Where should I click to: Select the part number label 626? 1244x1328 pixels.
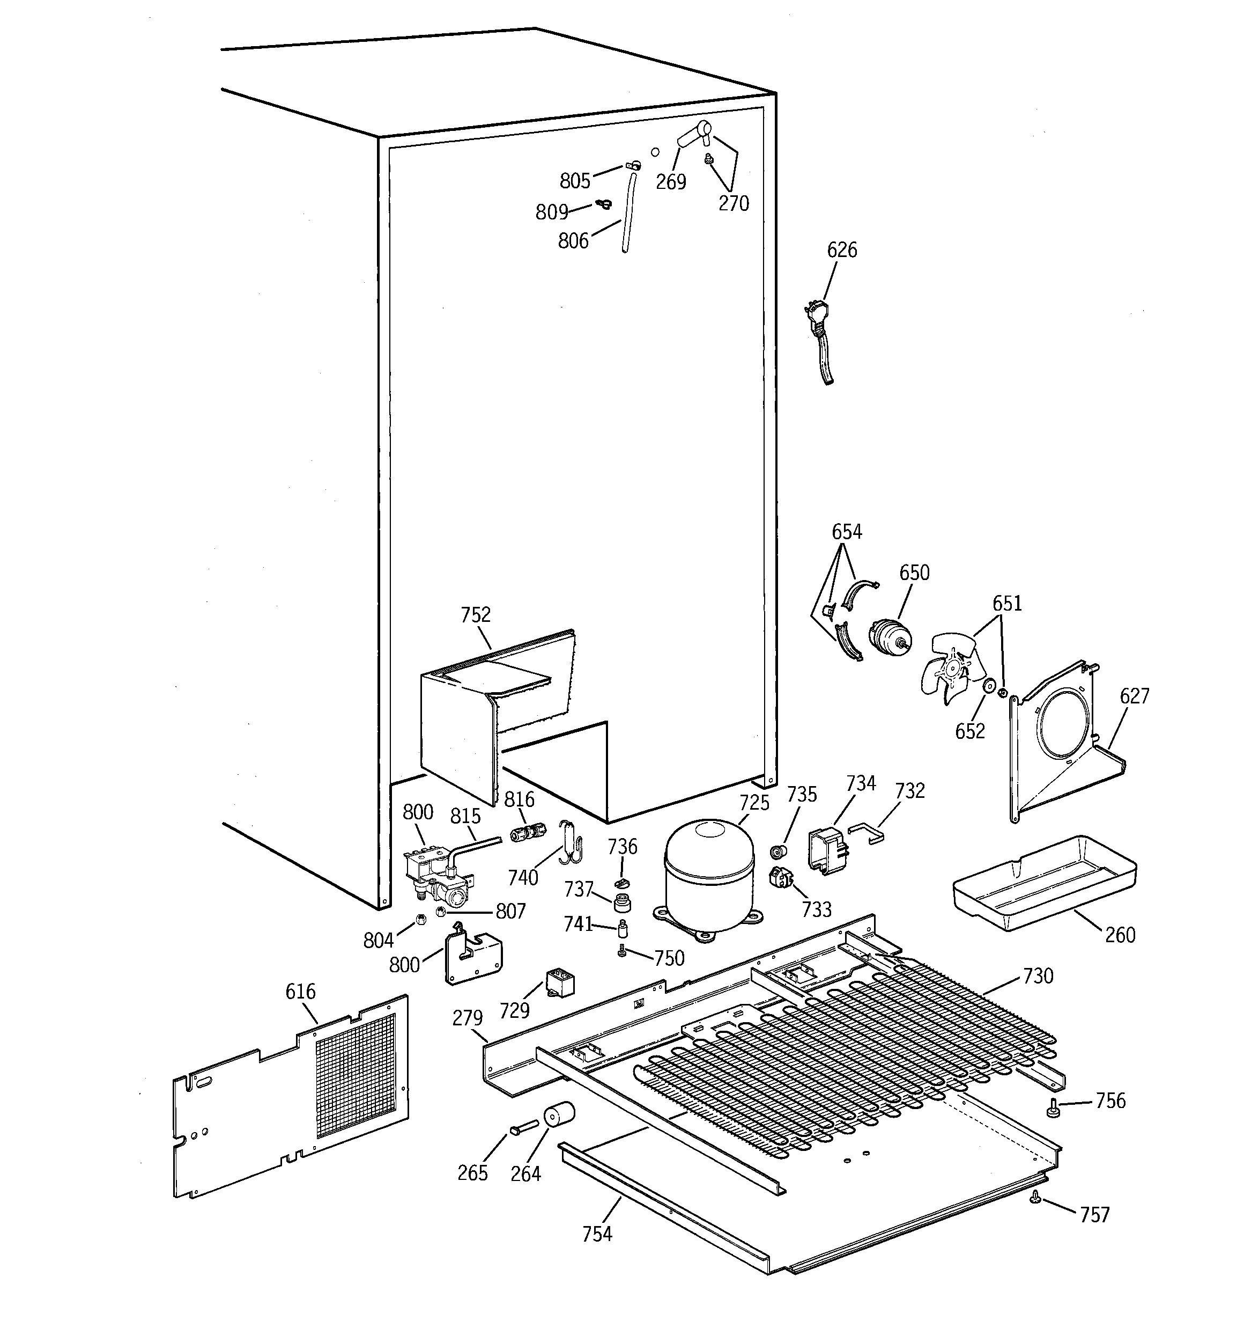click(x=841, y=250)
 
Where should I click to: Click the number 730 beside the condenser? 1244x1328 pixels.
click(x=1038, y=976)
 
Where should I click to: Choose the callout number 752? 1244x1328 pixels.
click(x=476, y=614)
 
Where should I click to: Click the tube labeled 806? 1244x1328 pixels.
click(x=629, y=214)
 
